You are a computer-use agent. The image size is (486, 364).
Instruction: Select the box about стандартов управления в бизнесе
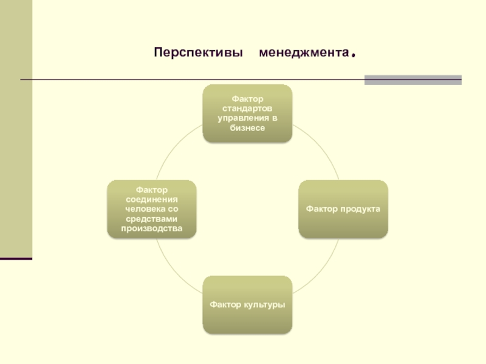(247, 113)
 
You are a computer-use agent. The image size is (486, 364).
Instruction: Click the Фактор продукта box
(343, 209)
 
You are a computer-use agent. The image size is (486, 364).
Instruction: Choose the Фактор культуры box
(247, 304)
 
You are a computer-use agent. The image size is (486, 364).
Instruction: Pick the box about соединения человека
(152, 209)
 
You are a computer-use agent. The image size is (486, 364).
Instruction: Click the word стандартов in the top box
(247, 109)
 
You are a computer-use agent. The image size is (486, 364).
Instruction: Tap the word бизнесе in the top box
(247, 128)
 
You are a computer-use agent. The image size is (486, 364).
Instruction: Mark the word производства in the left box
(152, 228)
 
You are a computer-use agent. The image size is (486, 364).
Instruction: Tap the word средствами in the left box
(152, 218)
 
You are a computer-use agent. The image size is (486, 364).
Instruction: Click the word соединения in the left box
(152, 199)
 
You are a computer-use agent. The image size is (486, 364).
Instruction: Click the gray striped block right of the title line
(412, 79)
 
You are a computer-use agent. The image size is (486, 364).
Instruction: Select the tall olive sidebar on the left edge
(16, 127)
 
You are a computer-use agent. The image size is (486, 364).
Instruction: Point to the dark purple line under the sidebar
(16, 259)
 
